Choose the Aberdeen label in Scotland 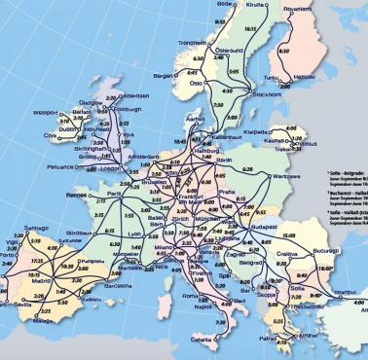coord(134,96)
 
